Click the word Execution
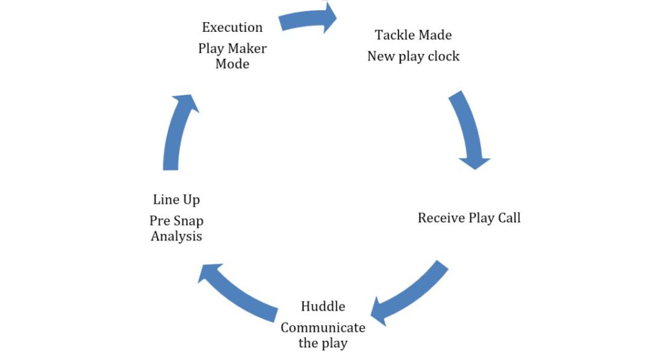tap(232, 28)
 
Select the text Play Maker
tap(232, 49)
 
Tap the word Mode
tap(232, 64)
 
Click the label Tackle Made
tap(413, 35)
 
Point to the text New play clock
tap(413, 57)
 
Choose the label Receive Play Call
tap(469, 218)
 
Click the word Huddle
tap(323, 307)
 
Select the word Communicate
tap(323, 328)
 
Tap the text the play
tap(323, 343)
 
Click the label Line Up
tap(176, 200)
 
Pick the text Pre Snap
tap(176, 221)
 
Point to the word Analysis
tap(176, 237)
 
